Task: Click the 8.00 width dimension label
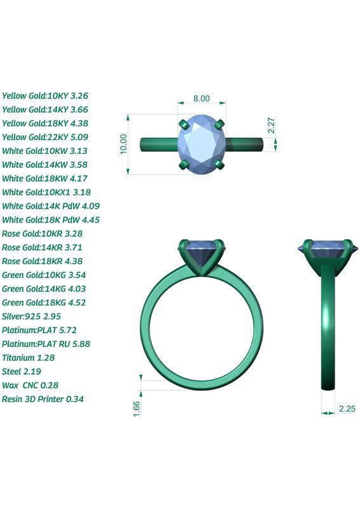pos(201,99)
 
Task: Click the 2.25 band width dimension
pos(347,409)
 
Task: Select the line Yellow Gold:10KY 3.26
pos(45,95)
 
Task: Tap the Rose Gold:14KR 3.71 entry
pos(43,248)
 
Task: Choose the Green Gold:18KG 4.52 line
pos(44,302)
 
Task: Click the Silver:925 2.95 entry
pos(32,316)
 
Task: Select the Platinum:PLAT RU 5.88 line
pos(46,344)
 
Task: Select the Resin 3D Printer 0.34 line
pos(43,399)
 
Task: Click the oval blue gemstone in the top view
pos(202,144)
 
